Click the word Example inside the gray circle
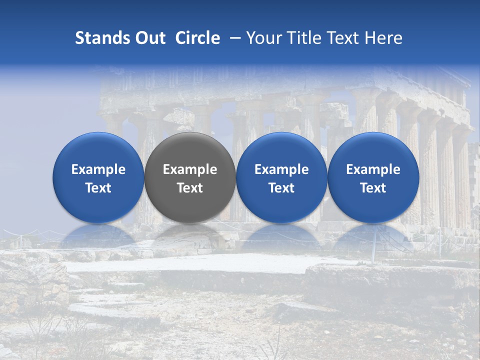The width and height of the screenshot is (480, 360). (190, 170)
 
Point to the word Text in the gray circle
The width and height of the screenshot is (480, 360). (190, 188)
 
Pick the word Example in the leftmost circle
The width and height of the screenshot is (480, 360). (98, 170)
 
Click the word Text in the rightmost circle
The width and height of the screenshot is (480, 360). (373, 188)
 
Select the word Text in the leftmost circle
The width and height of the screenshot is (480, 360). (98, 188)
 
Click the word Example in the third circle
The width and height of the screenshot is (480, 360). (281, 170)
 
